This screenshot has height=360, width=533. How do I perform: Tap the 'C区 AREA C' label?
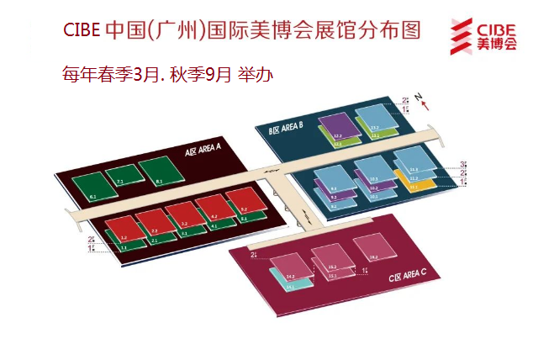pos(409,276)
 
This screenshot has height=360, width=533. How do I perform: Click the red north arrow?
pos(428,104)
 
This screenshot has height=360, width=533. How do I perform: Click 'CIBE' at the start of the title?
pos(82,31)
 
